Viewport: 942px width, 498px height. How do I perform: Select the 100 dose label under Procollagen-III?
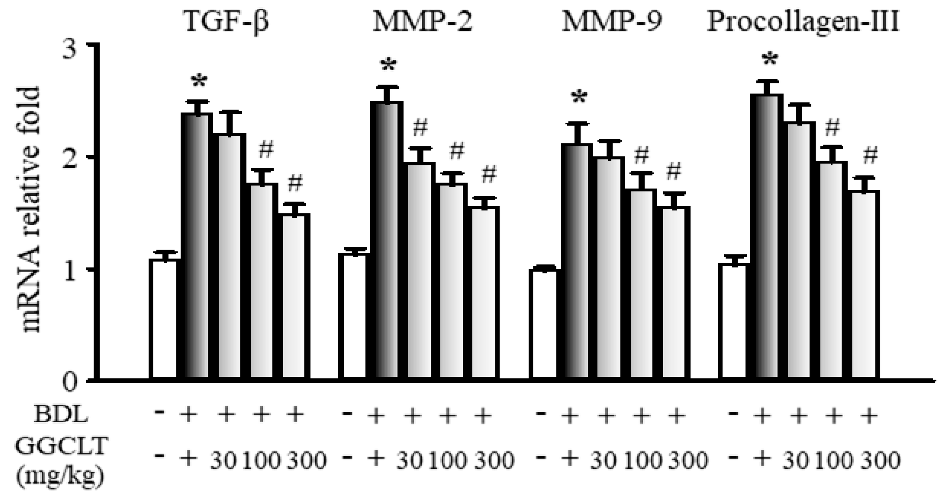tap(834, 461)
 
